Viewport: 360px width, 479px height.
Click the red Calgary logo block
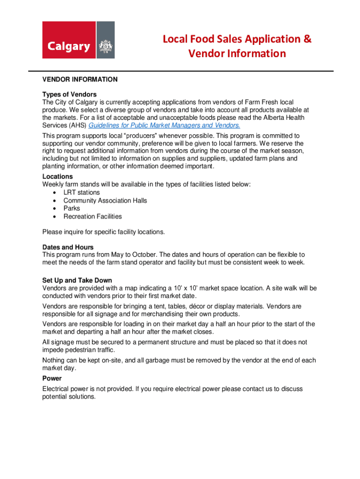[x=69, y=40]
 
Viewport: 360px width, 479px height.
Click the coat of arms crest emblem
[x=105, y=47]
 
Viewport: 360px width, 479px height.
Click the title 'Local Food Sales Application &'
[x=237, y=39]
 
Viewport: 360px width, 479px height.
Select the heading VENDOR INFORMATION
[x=80, y=80]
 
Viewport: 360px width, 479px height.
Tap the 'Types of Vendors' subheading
[x=69, y=94]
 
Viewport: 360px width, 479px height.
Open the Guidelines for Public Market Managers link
[x=164, y=125]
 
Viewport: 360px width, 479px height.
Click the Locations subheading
[x=58, y=176]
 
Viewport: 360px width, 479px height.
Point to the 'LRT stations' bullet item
[x=81, y=192]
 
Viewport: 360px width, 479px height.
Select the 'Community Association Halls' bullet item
[x=105, y=200]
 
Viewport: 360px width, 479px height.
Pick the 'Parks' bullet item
[x=72, y=208]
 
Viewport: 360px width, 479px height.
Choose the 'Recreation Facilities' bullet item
[x=93, y=216]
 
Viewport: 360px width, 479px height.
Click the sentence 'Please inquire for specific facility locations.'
[x=103, y=232]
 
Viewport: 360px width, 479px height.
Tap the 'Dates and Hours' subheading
[x=68, y=247]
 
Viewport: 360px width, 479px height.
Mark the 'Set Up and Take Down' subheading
[x=77, y=280]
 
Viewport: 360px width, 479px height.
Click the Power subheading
[x=52, y=379]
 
